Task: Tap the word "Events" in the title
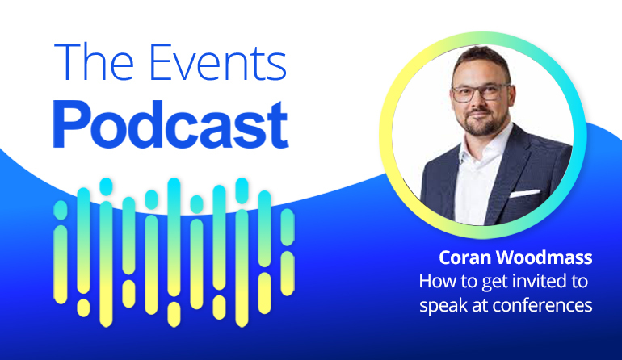click(x=217, y=62)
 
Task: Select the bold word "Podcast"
click(x=170, y=124)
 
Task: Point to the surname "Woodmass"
click(x=544, y=257)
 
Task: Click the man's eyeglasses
click(x=481, y=93)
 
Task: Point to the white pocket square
click(x=524, y=194)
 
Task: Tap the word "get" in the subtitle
click(x=496, y=283)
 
